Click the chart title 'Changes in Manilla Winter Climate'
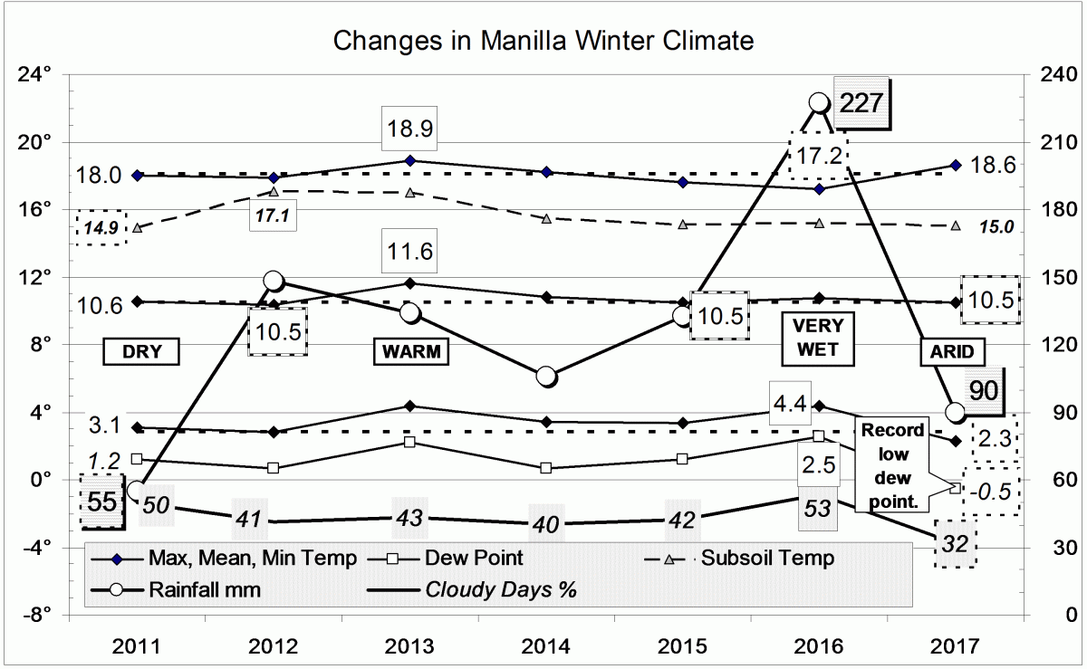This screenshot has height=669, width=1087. (543, 41)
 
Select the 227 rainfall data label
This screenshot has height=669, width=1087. (864, 103)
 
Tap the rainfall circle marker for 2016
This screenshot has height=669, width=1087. (818, 103)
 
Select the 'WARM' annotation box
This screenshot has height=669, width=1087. (411, 352)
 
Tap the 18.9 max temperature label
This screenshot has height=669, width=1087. (411, 129)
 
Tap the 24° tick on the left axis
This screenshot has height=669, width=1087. (36, 74)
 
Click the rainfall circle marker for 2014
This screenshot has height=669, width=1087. (545, 377)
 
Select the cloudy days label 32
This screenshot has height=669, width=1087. (955, 544)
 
